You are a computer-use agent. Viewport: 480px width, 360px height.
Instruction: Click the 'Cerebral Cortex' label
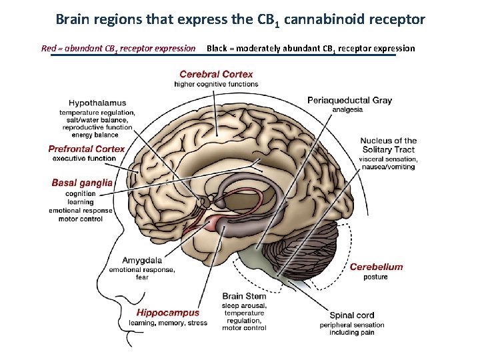coord(216,74)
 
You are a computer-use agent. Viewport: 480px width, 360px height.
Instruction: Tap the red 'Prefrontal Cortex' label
coord(87,149)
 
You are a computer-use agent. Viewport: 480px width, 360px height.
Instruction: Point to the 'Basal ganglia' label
coord(82,182)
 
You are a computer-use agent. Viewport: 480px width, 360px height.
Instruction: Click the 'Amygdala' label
coord(141,260)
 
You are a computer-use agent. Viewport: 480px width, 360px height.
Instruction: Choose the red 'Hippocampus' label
coord(168,313)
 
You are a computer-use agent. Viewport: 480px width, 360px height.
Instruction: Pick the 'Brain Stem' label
coord(244,296)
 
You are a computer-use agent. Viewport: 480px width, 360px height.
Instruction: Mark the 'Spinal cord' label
coord(351,315)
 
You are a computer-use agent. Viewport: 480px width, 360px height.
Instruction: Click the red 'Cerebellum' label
coord(376,267)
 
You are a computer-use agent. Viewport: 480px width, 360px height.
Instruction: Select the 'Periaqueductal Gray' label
coord(349,100)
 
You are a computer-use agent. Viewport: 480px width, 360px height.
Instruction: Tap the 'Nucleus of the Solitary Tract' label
coord(388,145)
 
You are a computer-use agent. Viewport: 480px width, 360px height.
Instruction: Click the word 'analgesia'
coord(347,109)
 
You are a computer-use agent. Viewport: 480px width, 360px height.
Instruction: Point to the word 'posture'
coord(375,277)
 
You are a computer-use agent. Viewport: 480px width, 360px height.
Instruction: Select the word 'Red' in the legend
coord(49,48)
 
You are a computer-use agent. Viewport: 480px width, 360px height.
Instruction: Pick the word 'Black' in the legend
coord(218,48)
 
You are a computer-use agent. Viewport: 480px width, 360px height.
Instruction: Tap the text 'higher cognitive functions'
coord(216,84)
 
